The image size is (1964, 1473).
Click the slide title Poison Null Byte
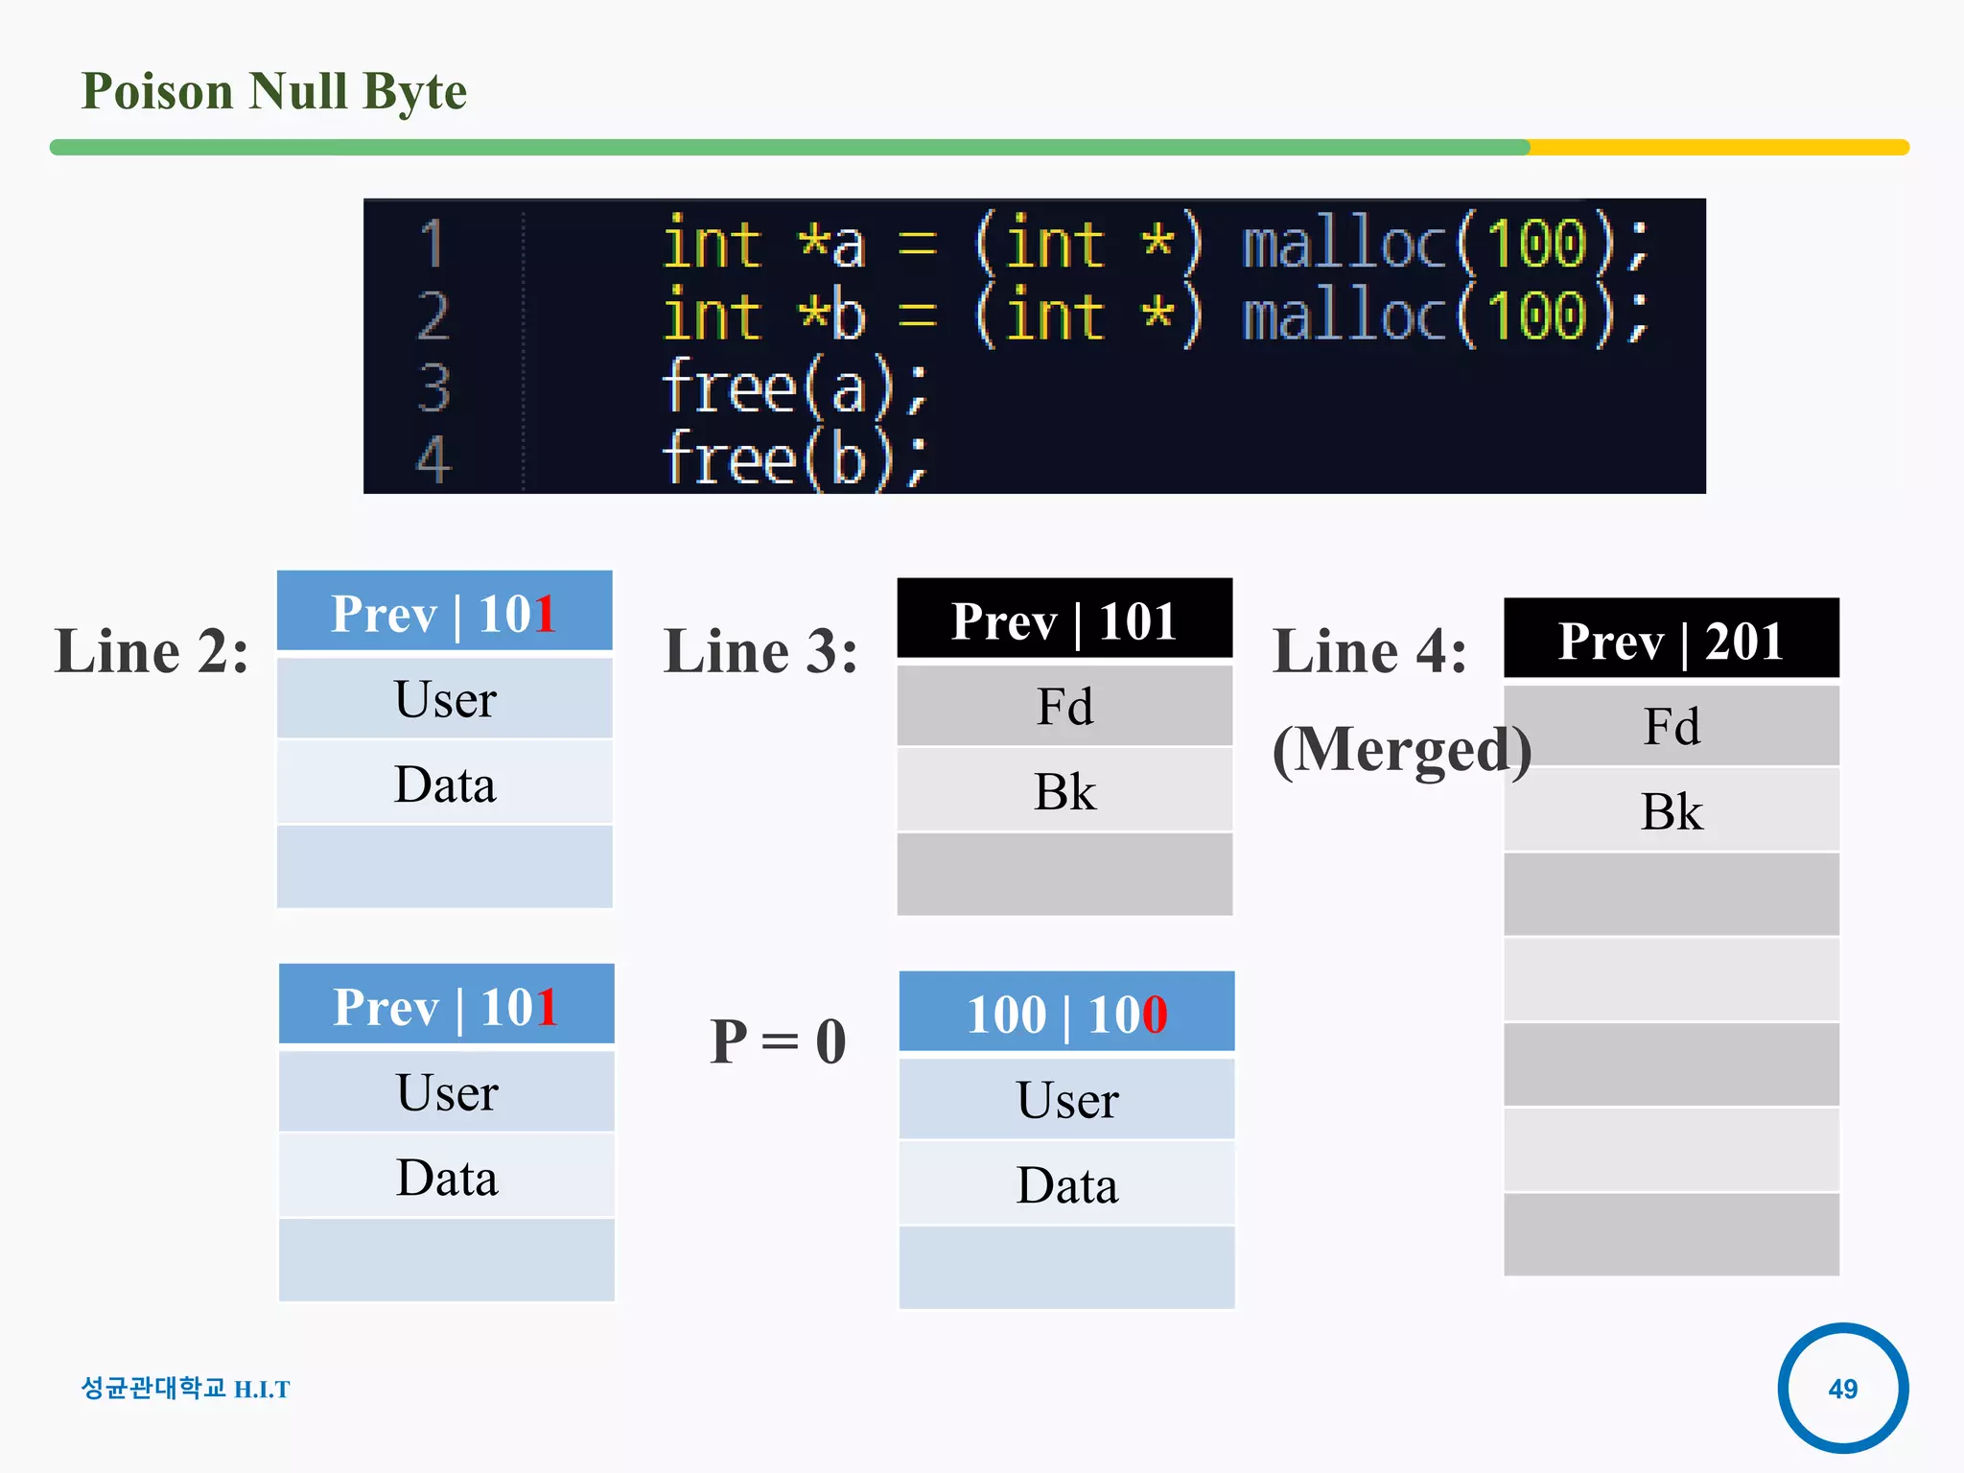[273, 92]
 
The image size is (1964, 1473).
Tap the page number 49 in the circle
[1842, 1388]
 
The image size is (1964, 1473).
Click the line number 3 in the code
[433, 387]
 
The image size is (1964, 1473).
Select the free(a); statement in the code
[795, 387]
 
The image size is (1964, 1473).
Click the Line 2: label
[152, 651]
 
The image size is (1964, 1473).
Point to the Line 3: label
[760, 651]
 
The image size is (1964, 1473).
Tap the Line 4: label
[1369, 651]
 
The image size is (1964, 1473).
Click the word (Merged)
[1401, 749]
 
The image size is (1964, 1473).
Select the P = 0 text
[778, 1041]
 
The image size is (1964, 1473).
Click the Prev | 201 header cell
[1671, 640]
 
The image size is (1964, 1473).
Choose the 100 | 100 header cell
[1066, 1013]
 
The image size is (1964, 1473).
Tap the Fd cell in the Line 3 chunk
[1064, 706]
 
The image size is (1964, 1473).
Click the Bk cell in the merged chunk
[1671, 811]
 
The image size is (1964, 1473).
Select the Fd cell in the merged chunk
[1671, 726]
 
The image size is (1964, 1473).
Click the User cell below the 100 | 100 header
[1066, 1099]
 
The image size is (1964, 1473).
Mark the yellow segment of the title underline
[1717, 148]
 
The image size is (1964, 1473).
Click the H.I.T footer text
[262, 1390]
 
